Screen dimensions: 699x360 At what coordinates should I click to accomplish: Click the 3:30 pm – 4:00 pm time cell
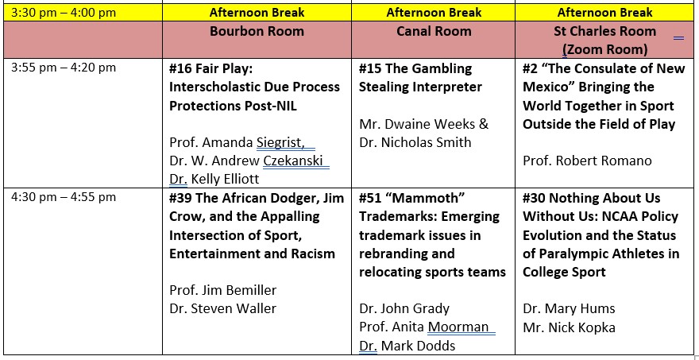tap(64, 12)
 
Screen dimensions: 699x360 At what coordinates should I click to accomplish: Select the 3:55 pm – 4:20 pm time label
tap(64, 68)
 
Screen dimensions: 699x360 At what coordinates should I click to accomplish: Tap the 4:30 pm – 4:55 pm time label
tap(64, 197)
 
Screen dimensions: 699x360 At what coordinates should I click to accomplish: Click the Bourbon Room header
tap(257, 31)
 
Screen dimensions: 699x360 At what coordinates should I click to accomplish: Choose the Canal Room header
tap(434, 31)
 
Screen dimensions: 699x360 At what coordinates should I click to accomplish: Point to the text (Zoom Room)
tap(604, 49)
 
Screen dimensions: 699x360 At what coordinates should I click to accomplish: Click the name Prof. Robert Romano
tap(587, 161)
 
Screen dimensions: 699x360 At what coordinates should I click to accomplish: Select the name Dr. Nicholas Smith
tap(415, 142)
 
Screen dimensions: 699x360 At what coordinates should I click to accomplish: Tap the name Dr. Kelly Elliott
tap(214, 180)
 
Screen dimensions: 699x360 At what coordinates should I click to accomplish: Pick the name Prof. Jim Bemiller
tap(223, 290)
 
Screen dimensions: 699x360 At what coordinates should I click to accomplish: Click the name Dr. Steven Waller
tap(223, 308)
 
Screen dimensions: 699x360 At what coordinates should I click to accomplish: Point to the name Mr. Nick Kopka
tap(569, 328)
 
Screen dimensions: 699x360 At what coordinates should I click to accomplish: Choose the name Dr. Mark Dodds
tap(407, 346)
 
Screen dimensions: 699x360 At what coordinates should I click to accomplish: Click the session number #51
tap(370, 198)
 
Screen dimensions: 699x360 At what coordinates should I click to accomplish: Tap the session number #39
tap(180, 198)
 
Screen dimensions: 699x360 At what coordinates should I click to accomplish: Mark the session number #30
tap(535, 198)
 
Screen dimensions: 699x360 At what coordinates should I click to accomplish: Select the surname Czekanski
tap(293, 161)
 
